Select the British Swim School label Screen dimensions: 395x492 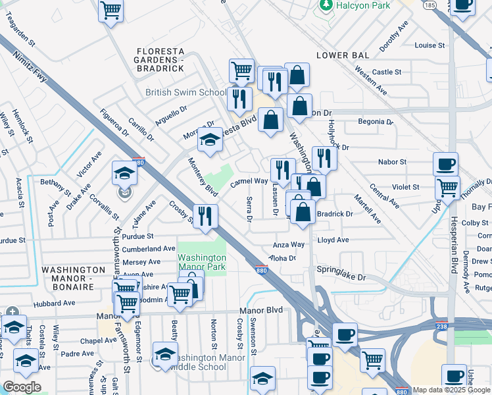pos(185,93)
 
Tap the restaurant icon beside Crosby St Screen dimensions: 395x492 pos(205,215)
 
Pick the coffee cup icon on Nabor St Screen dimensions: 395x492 pos(445,163)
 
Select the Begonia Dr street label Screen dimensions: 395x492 pos(375,122)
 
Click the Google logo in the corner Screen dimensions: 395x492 pos(22,387)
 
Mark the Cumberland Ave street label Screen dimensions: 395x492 pos(149,249)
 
